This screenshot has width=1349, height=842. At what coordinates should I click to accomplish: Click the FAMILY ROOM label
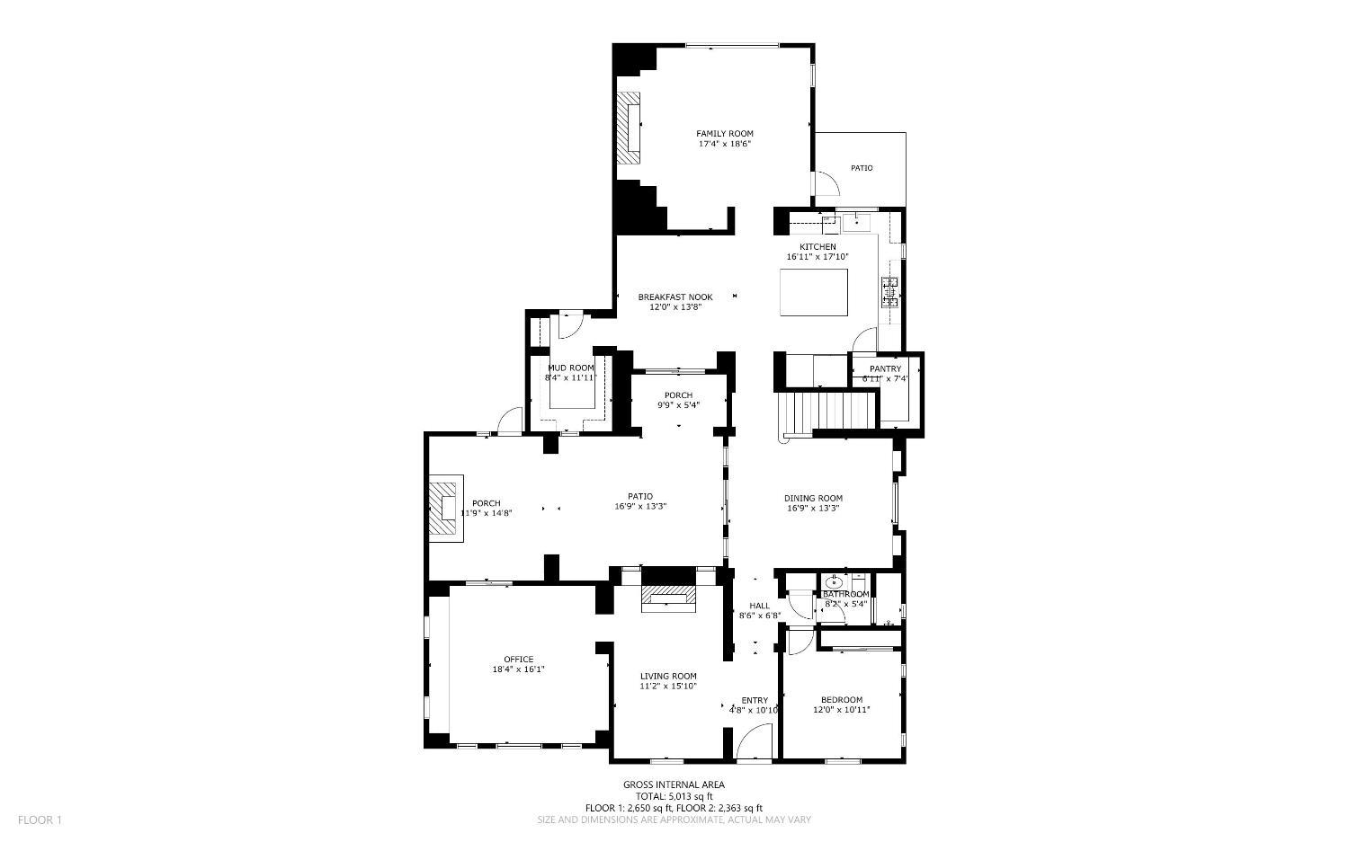[x=724, y=134]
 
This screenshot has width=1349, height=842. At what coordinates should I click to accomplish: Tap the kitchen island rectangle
[x=814, y=293]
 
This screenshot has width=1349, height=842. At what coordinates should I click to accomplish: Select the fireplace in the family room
[x=629, y=127]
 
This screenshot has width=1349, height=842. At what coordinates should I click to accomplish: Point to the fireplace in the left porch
[x=443, y=510]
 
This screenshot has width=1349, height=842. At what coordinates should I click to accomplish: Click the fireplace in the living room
[x=668, y=598]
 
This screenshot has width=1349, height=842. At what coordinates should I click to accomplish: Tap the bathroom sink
[x=834, y=582]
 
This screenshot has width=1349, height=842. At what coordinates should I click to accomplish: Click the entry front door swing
[x=754, y=742]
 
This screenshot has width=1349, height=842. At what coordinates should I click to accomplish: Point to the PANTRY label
[x=885, y=369]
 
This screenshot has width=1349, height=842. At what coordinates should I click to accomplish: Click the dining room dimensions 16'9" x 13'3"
[x=813, y=508]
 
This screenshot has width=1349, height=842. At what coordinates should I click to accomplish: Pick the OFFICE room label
[x=518, y=660]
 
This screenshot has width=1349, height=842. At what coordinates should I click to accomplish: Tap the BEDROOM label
[x=841, y=700]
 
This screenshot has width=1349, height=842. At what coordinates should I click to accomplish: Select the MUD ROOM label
[x=571, y=368]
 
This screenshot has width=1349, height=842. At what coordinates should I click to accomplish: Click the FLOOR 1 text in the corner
[x=40, y=820]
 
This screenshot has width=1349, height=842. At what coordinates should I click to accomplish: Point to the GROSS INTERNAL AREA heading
[x=674, y=784]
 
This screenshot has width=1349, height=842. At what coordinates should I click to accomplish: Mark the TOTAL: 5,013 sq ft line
[x=674, y=796]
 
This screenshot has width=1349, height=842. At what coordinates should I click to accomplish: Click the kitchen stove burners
[x=889, y=293]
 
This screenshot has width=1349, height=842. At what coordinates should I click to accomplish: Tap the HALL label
[x=759, y=606]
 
